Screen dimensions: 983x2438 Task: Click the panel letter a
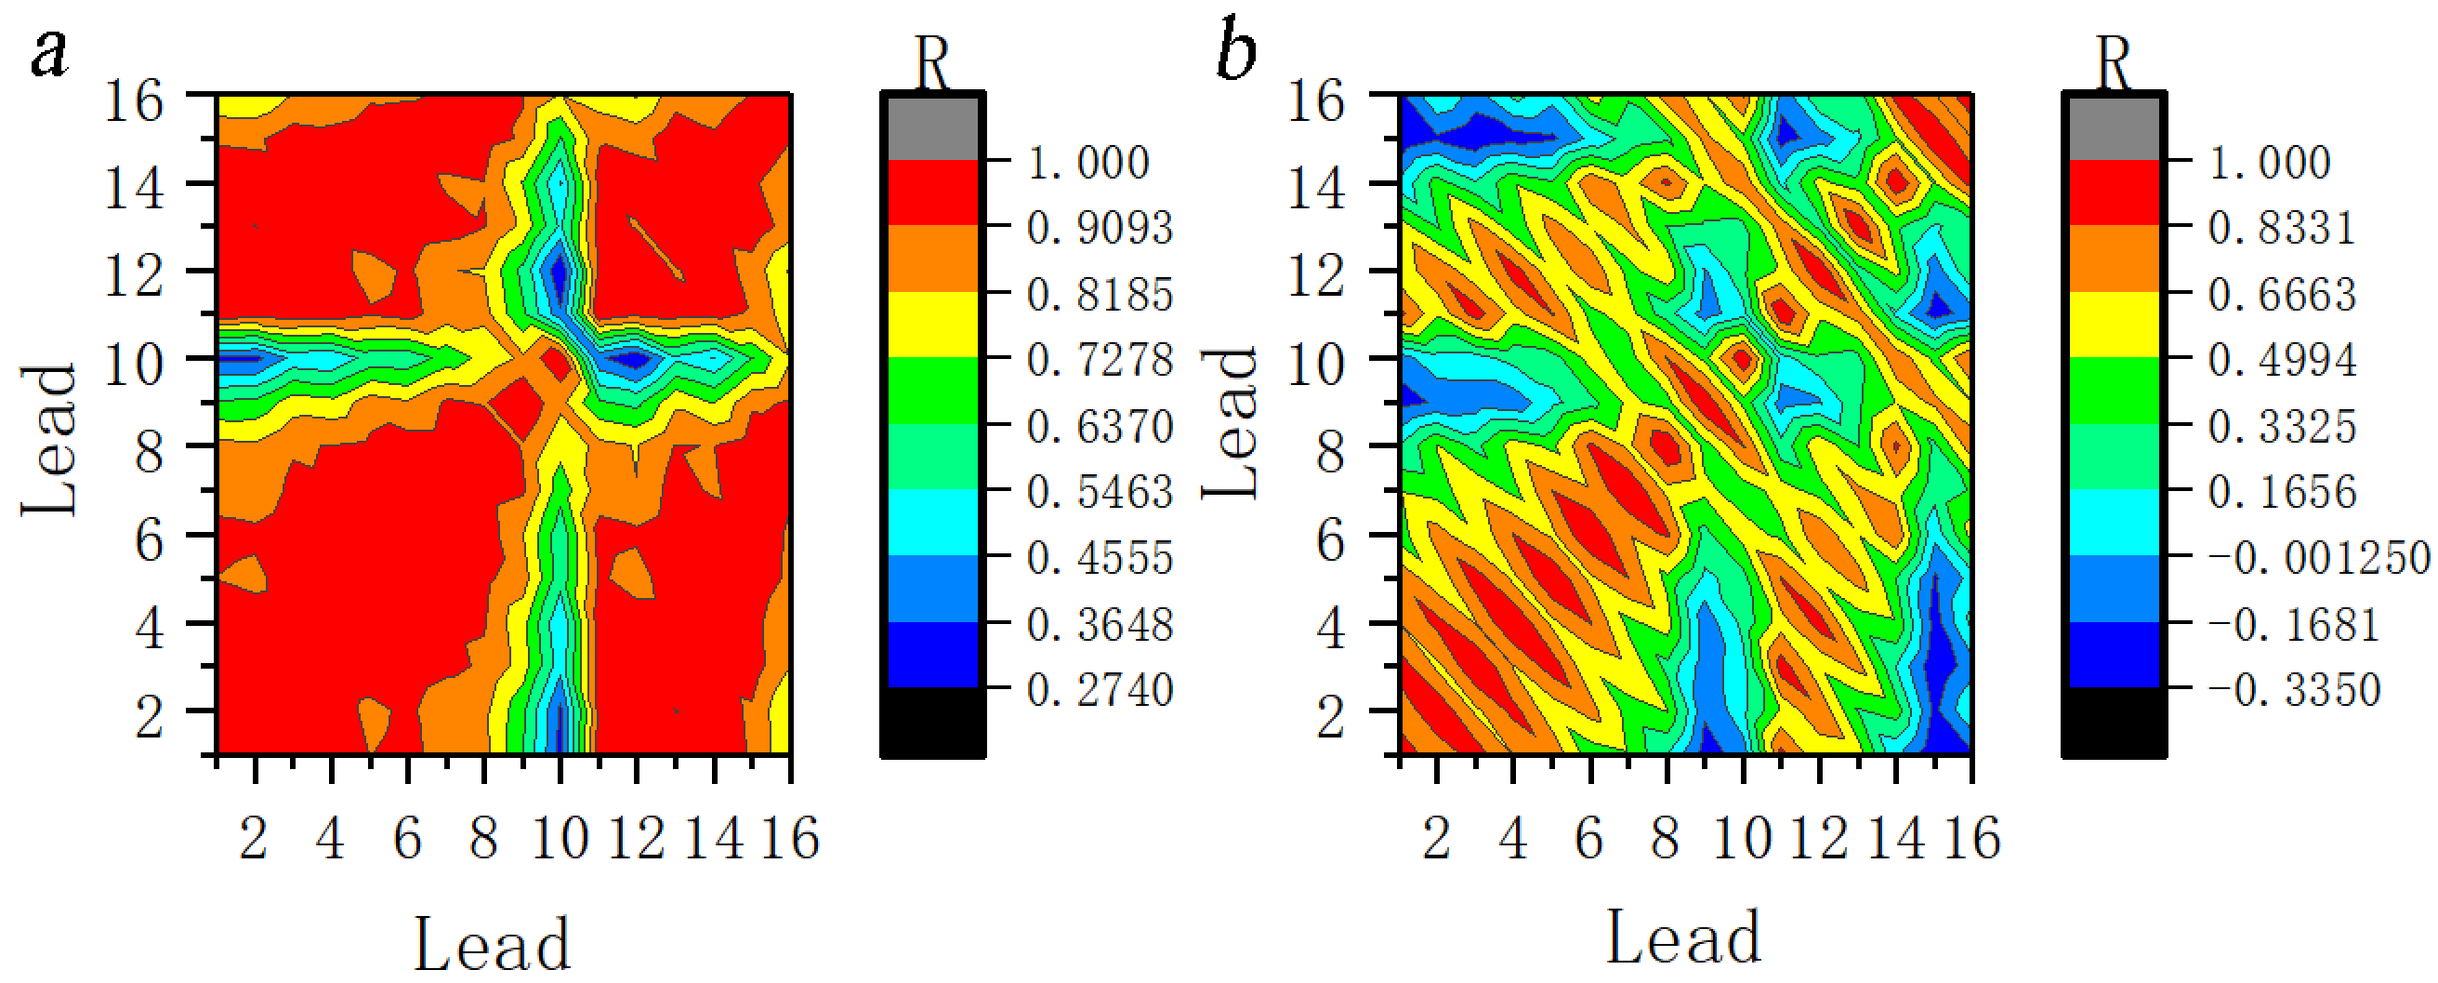click(50, 53)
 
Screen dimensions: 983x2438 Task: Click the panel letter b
click(1236, 51)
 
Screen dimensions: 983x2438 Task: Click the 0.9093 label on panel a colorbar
click(1100, 228)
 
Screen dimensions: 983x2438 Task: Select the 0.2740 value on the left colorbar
click(1100, 690)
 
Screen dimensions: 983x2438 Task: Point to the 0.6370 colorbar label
click(1100, 427)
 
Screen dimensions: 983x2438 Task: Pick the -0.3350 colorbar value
click(2294, 690)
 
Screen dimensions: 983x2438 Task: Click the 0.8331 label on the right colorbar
click(2282, 228)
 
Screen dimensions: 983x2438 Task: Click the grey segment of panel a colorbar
click(933, 127)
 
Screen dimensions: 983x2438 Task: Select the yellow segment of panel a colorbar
click(933, 324)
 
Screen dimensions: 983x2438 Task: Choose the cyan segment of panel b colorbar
click(2115, 522)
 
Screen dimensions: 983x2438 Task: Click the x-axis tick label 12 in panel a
click(636, 839)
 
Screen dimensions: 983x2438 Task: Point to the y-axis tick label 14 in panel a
click(134, 188)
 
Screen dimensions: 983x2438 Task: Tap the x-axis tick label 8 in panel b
click(1666, 839)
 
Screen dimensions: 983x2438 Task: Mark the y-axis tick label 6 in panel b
click(1330, 541)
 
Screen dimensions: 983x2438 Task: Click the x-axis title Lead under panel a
click(492, 944)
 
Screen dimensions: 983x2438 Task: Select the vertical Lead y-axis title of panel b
click(1230, 423)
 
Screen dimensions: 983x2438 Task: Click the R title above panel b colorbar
click(2114, 63)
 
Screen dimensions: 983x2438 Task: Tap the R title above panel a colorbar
click(932, 63)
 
